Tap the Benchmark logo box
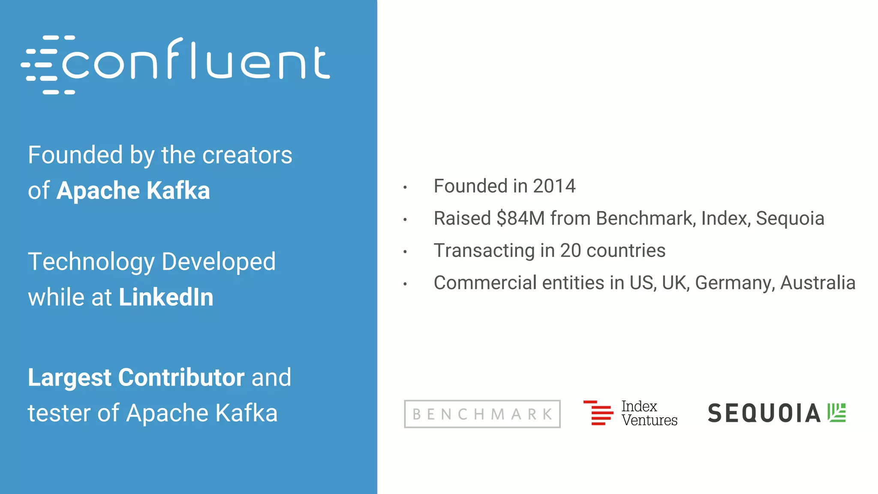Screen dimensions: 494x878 click(482, 414)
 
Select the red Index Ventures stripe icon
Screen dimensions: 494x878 click(598, 413)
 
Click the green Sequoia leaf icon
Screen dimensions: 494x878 click(836, 413)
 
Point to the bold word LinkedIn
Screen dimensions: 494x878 click(166, 297)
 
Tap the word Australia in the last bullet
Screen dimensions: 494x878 click(818, 283)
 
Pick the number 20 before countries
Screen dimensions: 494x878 click(571, 250)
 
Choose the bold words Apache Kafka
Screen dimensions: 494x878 click(133, 190)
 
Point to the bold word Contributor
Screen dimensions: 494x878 click(181, 377)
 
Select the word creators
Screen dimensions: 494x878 click(247, 155)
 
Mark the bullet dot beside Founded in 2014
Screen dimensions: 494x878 click(405, 187)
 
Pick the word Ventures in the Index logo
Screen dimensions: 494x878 click(649, 420)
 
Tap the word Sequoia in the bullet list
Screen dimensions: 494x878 click(790, 218)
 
